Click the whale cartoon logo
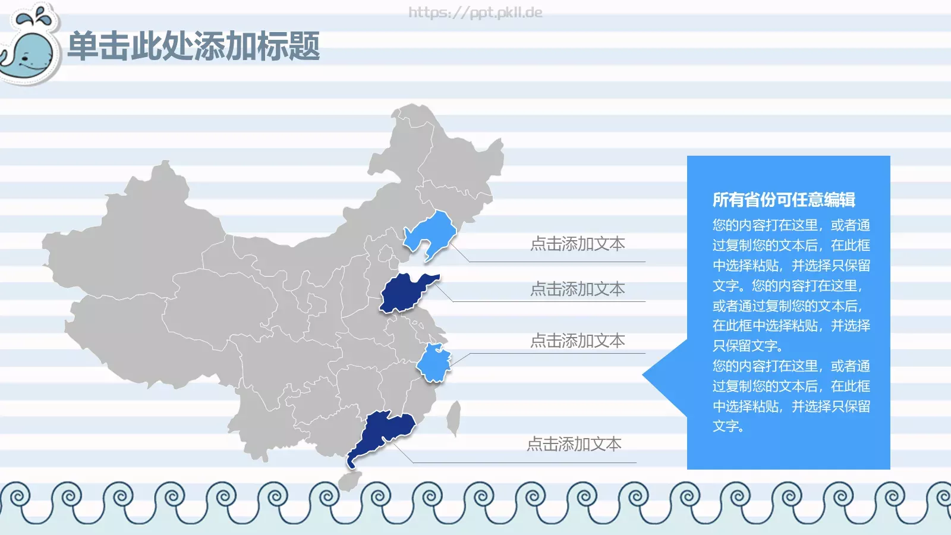coord(30,51)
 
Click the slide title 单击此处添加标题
coord(194,46)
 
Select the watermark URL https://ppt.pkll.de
coord(475,12)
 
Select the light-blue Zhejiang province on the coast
coord(434,363)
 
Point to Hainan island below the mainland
coord(349,480)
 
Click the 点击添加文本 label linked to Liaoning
coord(577,244)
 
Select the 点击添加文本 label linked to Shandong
coord(577,289)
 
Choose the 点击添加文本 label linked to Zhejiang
coord(577,341)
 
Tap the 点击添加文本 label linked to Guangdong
coord(574,444)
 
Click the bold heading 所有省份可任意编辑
coord(783,200)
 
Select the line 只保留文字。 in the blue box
coord(748,346)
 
